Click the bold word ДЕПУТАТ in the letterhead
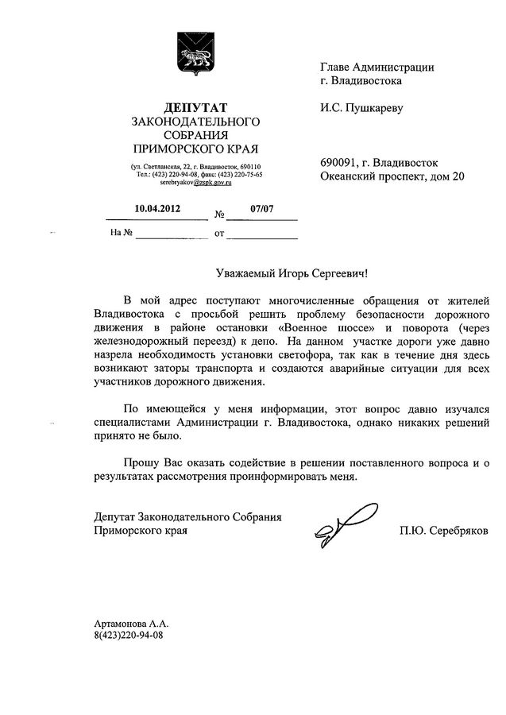coord(195,106)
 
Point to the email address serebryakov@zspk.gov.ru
coord(195,183)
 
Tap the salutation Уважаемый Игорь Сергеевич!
coord(292,272)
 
